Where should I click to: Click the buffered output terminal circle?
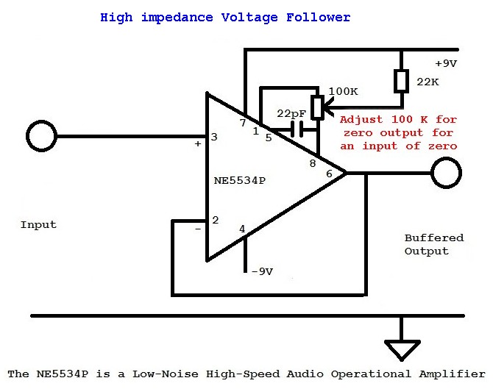tap(446, 174)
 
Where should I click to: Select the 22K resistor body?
tap(401, 81)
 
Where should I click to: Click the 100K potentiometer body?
tap(318, 107)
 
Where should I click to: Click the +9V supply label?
tap(445, 64)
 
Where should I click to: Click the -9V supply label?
tap(262, 271)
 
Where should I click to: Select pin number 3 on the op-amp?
tap(214, 137)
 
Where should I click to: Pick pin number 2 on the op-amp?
tap(215, 220)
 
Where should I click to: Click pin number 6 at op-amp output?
tap(329, 173)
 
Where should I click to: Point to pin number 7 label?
tap(243, 123)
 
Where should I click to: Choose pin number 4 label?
tap(242, 229)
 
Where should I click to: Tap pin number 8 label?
tap(312, 163)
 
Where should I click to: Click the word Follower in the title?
tap(319, 17)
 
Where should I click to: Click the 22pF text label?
tap(291, 113)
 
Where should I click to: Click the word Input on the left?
tap(38, 224)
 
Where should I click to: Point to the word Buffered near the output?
tap(434, 238)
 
